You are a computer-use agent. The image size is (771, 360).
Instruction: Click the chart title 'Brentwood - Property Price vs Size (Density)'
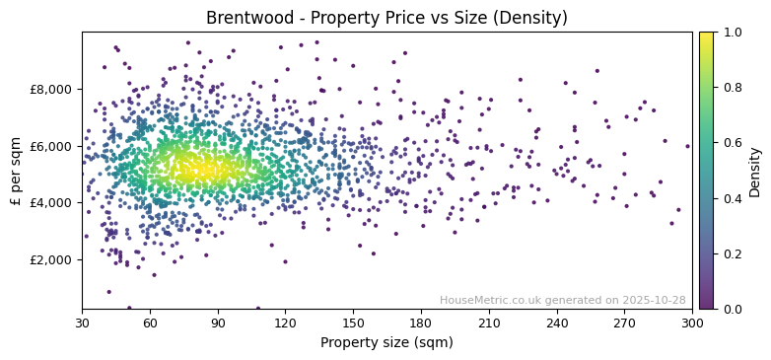[386, 18]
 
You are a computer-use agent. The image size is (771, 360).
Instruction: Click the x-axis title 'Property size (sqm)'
[386, 342]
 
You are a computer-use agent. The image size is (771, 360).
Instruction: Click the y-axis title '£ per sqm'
[16, 171]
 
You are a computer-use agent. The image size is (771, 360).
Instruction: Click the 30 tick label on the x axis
[82, 323]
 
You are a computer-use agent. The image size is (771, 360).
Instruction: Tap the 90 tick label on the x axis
[218, 323]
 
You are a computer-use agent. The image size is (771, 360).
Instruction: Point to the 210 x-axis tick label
[489, 323]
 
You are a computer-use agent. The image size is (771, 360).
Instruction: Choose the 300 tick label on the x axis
[692, 323]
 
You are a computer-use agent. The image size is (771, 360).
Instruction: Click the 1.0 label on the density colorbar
[733, 33]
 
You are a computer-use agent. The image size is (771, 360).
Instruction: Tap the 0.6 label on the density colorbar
[733, 143]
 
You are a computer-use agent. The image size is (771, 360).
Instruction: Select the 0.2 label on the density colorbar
[733, 253]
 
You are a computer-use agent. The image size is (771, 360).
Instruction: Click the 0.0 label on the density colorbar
[733, 309]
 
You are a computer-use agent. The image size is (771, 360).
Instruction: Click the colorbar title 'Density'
[755, 171]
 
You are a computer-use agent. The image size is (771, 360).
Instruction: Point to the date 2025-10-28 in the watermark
[654, 300]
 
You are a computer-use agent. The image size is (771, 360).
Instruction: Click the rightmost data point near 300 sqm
[687, 146]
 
